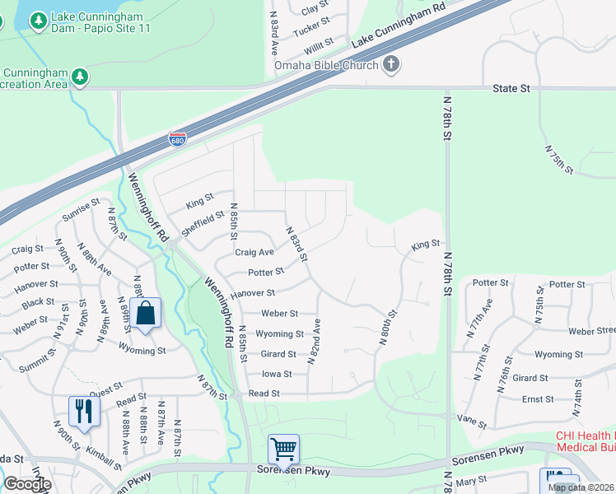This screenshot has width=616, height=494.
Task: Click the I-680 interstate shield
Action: click(x=177, y=139)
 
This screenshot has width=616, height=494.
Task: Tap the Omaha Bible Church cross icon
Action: click(x=390, y=65)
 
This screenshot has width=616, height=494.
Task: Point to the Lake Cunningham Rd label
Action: click(x=398, y=27)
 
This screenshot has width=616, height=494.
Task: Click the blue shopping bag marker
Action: click(x=146, y=314)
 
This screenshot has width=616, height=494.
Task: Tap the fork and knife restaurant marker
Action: click(x=84, y=411)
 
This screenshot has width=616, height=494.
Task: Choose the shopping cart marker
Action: click(x=283, y=450)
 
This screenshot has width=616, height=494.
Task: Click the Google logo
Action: click(x=26, y=484)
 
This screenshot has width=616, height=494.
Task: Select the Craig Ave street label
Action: click(x=254, y=253)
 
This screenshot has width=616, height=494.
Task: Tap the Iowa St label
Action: click(x=277, y=374)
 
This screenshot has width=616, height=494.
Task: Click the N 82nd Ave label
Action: click(x=315, y=342)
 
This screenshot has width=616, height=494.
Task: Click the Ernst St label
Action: click(x=538, y=398)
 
